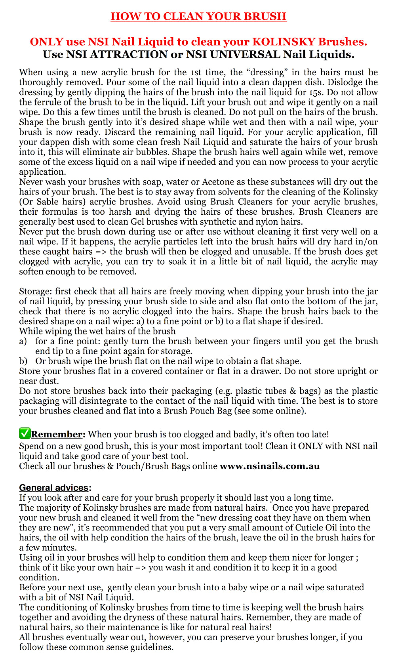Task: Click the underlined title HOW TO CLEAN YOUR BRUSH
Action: click(198, 16)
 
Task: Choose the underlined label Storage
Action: click(34, 291)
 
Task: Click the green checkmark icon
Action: click(25, 434)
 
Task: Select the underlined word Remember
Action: click(57, 435)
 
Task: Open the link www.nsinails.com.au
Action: click(270, 466)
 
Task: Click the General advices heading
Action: click(54, 488)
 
